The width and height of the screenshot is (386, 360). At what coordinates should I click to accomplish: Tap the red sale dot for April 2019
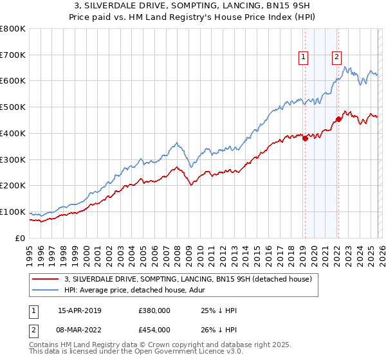point(305,139)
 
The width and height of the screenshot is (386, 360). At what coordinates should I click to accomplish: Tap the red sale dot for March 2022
point(338,119)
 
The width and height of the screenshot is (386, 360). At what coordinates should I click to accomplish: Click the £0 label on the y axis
point(21,238)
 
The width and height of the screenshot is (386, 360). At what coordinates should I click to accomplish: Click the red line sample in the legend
point(46,279)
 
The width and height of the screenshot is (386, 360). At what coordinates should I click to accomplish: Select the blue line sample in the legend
point(46,290)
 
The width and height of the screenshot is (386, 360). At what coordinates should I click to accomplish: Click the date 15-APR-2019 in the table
point(79,310)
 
